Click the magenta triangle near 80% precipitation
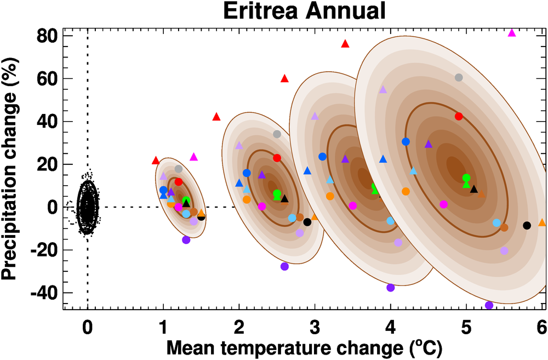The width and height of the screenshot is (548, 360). coord(512,33)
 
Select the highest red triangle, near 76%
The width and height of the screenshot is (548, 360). coord(345,44)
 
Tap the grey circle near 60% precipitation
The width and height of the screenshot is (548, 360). coord(459,77)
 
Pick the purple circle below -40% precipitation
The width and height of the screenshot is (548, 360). coord(489,305)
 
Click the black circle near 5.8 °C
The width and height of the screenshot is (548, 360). coord(527,225)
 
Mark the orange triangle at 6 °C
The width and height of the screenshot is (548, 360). coord(542,222)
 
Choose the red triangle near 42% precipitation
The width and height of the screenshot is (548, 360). coord(216,117)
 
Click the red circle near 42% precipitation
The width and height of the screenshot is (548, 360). coord(459,116)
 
